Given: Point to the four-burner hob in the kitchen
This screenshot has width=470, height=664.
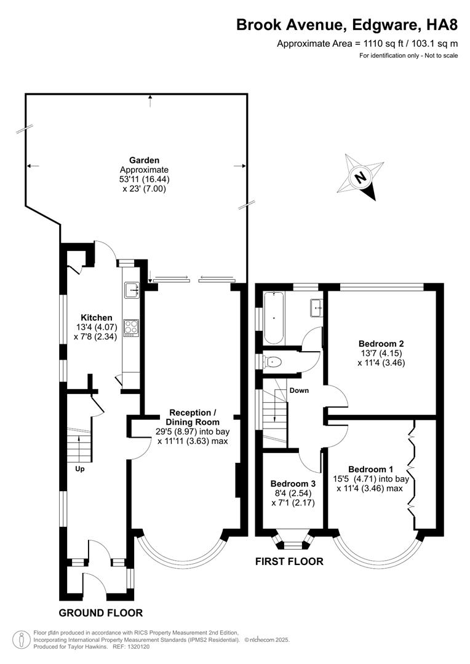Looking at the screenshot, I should click(132, 326).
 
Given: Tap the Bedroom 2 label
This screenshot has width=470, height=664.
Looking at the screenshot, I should click(381, 343).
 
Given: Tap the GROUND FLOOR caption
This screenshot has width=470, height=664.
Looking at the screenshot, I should click(100, 613).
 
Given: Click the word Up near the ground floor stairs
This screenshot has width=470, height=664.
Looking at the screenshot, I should click(79, 469).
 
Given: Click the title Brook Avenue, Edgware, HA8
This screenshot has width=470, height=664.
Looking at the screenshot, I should click(347, 25).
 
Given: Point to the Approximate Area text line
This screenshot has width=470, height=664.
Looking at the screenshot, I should click(367, 44).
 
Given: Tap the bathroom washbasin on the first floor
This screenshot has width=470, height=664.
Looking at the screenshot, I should click(317, 306).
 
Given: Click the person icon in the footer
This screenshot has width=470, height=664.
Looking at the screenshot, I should click(22, 639).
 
